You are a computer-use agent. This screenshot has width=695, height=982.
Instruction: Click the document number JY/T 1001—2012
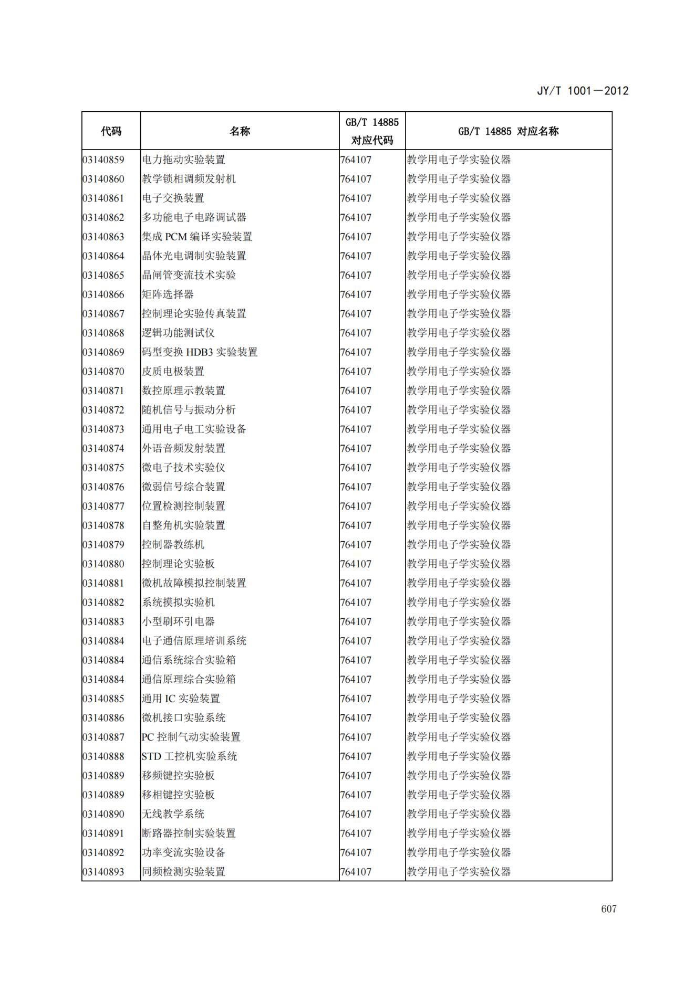(582, 91)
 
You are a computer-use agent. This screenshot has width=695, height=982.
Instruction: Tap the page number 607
(608, 909)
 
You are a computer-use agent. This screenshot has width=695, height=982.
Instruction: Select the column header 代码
(111, 131)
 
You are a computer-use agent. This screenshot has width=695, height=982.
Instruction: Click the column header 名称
(240, 131)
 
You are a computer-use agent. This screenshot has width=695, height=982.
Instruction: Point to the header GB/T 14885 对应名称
(508, 131)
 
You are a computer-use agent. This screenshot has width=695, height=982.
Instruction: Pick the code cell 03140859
(103, 160)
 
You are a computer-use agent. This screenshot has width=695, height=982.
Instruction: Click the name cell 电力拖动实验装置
(183, 160)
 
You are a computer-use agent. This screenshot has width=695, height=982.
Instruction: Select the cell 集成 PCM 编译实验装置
(197, 237)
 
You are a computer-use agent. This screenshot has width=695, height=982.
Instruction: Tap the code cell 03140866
(103, 294)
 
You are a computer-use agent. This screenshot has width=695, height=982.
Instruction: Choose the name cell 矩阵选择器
(168, 294)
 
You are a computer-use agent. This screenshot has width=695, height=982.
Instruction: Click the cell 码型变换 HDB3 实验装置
(200, 352)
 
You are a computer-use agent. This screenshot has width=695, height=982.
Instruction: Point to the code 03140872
(103, 410)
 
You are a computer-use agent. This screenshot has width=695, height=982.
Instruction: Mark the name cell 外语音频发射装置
(183, 448)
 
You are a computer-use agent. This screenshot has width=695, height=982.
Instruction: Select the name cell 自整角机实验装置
(183, 525)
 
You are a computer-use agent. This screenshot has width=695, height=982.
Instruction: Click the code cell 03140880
(103, 564)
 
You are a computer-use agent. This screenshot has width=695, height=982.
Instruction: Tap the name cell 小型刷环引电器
(178, 621)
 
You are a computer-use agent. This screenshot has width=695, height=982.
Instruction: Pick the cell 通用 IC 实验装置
(181, 699)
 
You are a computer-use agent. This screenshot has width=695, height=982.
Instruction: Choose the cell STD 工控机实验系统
(189, 756)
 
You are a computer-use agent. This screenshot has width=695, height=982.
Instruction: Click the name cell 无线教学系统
(173, 814)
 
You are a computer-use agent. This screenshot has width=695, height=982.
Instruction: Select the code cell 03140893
(103, 872)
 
